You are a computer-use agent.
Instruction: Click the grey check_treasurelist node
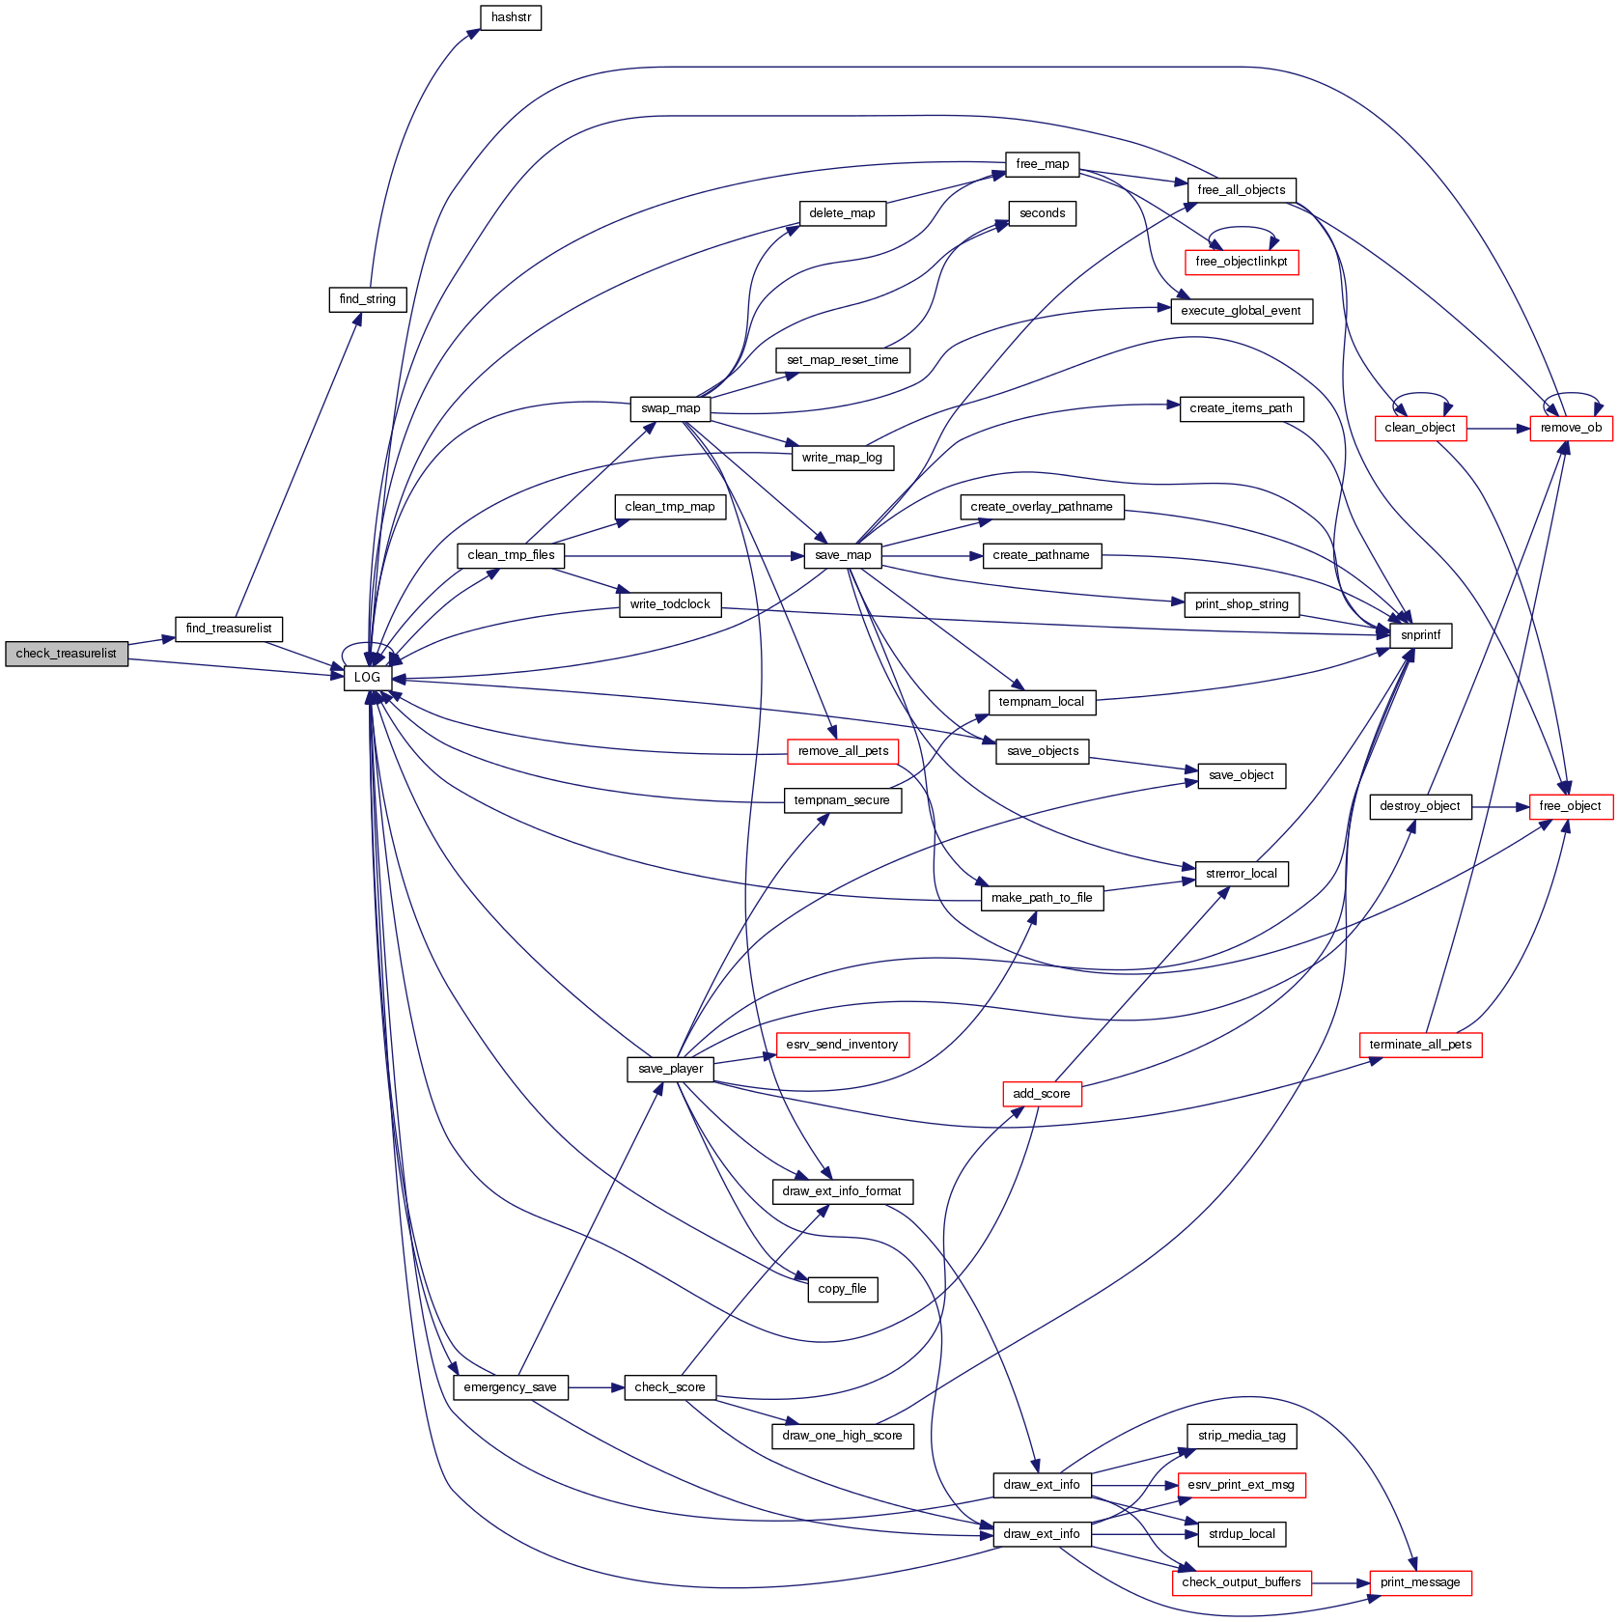(67, 654)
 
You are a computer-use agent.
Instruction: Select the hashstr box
(511, 17)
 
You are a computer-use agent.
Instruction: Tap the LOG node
(367, 678)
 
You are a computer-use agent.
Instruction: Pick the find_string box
(368, 299)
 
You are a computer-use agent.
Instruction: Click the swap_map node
(670, 408)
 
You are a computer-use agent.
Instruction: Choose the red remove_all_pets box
(843, 751)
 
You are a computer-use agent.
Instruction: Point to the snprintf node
(1420, 635)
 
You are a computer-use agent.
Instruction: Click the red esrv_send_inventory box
(842, 1045)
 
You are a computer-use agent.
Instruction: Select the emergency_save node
(510, 1387)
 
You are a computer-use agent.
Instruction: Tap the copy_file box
(842, 1289)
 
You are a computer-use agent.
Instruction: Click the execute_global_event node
(1241, 311)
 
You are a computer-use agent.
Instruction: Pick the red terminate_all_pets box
(1420, 1045)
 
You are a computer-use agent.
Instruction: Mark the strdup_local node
(1242, 1534)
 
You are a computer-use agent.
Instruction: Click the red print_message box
(1420, 1582)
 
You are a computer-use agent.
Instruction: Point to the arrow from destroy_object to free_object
(1501, 806)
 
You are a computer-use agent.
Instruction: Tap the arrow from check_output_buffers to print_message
(1341, 1583)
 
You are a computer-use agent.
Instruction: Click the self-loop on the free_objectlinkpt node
(1243, 228)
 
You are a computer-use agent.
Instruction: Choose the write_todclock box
(670, 604)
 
